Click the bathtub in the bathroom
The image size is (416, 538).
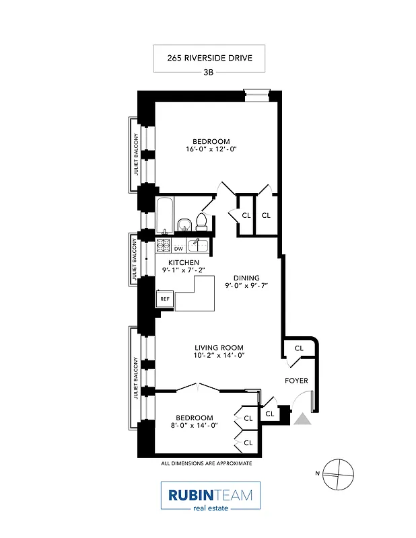(x=165, y=214)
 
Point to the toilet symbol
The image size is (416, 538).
(x=201, y=220)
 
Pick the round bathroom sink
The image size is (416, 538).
(x=184, y=223)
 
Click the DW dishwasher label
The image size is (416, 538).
(x=179, y=249)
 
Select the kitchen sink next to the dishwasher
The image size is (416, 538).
(x=196, y=245)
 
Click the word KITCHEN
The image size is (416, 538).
(x=183, y=262)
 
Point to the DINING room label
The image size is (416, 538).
(x=246, y=277)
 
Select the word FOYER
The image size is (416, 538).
(x=296, y=381)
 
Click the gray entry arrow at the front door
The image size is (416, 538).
(x=302, y=419)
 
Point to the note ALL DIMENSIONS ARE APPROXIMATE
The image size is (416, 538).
(x=206, y=463)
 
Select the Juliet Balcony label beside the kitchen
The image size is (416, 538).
(x=134, y=259)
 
